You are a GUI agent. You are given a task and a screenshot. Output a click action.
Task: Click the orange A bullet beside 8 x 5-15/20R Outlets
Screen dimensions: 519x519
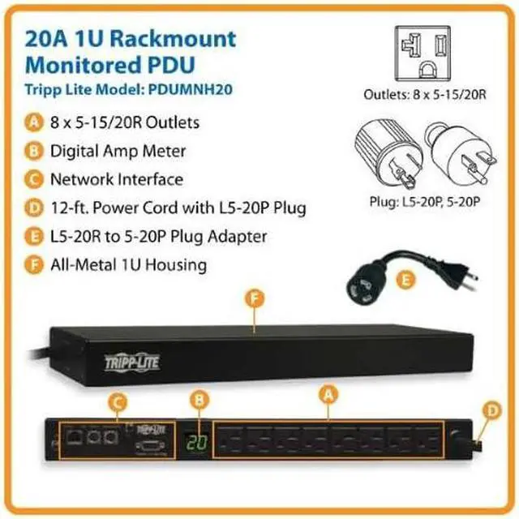[x=34, y=123]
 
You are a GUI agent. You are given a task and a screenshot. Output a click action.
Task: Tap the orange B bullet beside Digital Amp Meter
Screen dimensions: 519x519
[x=34, y=152]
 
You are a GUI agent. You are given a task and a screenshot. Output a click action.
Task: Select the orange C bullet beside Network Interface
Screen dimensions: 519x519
[x=34, y=179]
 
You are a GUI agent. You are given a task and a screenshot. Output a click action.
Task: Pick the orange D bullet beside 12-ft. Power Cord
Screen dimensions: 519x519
[x=34, y=208]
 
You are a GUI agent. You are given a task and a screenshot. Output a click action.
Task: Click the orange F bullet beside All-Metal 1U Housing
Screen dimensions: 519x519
[x=34, y=264]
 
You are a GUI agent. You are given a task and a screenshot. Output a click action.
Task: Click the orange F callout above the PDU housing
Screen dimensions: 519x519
[x=255, y=300]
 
